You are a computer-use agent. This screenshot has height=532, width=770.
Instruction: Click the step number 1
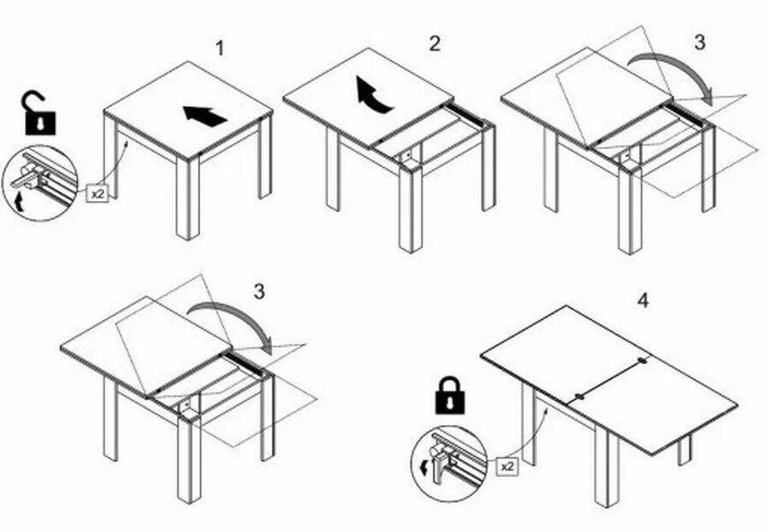point(220,48)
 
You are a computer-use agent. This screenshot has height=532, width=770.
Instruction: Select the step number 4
point(643,300)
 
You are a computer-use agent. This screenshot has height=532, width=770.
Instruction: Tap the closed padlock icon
point(450,396)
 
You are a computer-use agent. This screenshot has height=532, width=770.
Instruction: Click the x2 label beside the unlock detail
point(98,193)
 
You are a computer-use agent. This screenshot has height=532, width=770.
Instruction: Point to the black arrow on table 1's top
point(205,115)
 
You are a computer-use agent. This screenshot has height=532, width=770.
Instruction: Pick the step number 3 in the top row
point(699,42)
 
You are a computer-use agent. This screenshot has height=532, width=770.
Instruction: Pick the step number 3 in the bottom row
point(258,292)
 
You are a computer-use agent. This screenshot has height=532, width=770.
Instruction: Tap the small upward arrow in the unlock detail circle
point(20,201)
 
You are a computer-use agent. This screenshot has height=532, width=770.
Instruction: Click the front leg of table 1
point(187,198)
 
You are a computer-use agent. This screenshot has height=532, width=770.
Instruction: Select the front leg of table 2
point(411,210)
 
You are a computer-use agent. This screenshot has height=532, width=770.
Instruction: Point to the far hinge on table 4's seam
point(643,361)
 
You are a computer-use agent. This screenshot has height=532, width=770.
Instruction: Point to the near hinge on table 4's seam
point(579,397)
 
